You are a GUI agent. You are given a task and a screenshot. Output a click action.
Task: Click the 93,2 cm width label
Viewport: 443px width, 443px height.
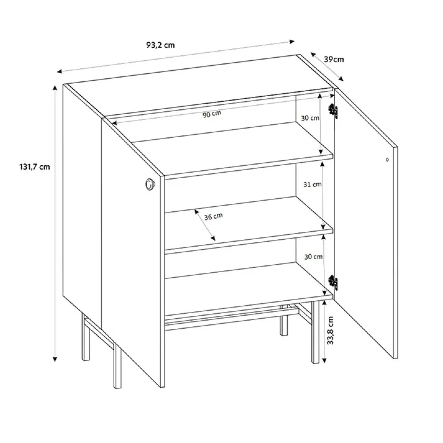coord(160,45)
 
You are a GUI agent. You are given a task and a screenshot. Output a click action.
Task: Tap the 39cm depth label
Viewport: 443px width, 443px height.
coord(334,59)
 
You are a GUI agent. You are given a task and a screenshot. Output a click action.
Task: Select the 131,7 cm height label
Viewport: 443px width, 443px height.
coord(35,167)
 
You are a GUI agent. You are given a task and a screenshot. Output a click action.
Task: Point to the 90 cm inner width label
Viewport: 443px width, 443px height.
coord(212,114)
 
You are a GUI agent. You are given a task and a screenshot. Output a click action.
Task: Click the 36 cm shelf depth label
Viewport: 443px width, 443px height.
coord(213,217)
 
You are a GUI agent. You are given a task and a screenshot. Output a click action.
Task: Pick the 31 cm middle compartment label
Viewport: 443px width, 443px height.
coord(312,184)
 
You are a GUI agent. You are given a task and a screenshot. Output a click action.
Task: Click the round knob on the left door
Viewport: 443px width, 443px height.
coord(150,184)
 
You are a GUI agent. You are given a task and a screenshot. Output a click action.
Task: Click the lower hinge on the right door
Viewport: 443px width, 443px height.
coord(333,283)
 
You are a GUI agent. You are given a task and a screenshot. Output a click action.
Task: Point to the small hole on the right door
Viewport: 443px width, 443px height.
coord(387,160)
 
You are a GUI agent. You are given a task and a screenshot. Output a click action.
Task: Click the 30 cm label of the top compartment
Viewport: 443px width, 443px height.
coord(310,118)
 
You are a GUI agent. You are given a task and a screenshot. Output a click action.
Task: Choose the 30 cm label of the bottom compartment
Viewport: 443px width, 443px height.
coord(313,257)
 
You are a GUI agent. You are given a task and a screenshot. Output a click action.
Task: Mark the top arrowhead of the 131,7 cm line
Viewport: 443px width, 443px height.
coord(55,88)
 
